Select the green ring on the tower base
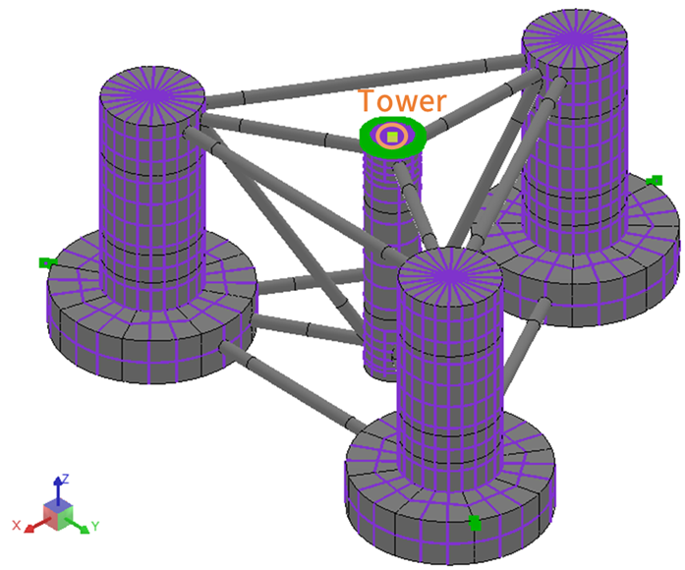(x=371, y=139)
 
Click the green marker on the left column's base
(x=45, y=262)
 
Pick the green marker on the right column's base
(x=656, y=179)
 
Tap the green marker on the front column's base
(x=475, y=522)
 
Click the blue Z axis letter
(x=64, y=478)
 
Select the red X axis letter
(x=17, y=525)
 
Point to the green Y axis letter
(x=94, y=526)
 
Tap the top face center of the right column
(x=575, y=40)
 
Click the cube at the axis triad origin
(x=57, y=512)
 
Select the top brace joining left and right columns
(x=364, y=82)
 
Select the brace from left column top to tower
(x=285, y=134)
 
